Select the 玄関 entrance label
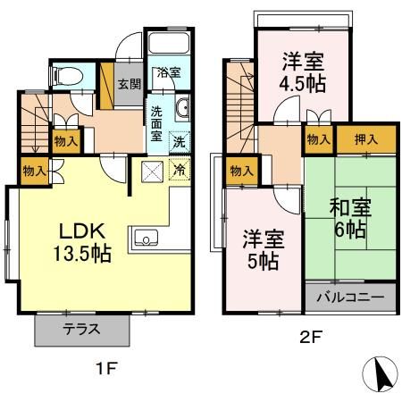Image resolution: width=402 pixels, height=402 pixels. pos(129,84)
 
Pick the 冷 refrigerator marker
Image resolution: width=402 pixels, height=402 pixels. pos(178,167)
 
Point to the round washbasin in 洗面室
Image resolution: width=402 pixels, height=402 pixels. pos(182,110)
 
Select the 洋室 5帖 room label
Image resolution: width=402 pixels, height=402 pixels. pos(262,249)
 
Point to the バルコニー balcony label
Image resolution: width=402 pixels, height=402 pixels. pos(350,297)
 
